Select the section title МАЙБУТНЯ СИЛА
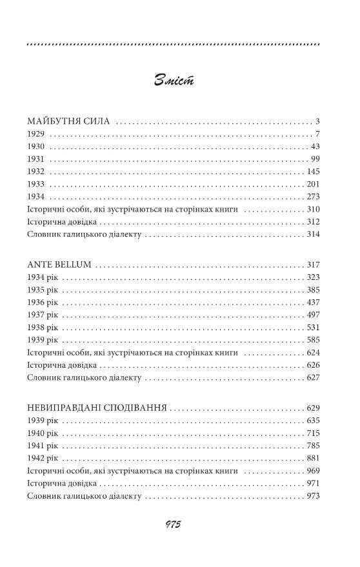[x=70, y=121]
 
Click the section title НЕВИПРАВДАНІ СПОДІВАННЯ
[x=97, y=408]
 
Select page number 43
[x=315, y=146]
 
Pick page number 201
[x=314, y=184]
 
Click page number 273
[x=314, y=196]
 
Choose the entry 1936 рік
[x=43, y=302]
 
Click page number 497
[x=314, y=315]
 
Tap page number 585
[x=314, y=340]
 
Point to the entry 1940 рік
[x=43, y=433]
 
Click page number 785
[x=314, y=446]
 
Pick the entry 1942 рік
[x=43, y=458]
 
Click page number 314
[x=314, y=234]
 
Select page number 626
[x=314, y=365]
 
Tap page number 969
[x=314, y=471]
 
